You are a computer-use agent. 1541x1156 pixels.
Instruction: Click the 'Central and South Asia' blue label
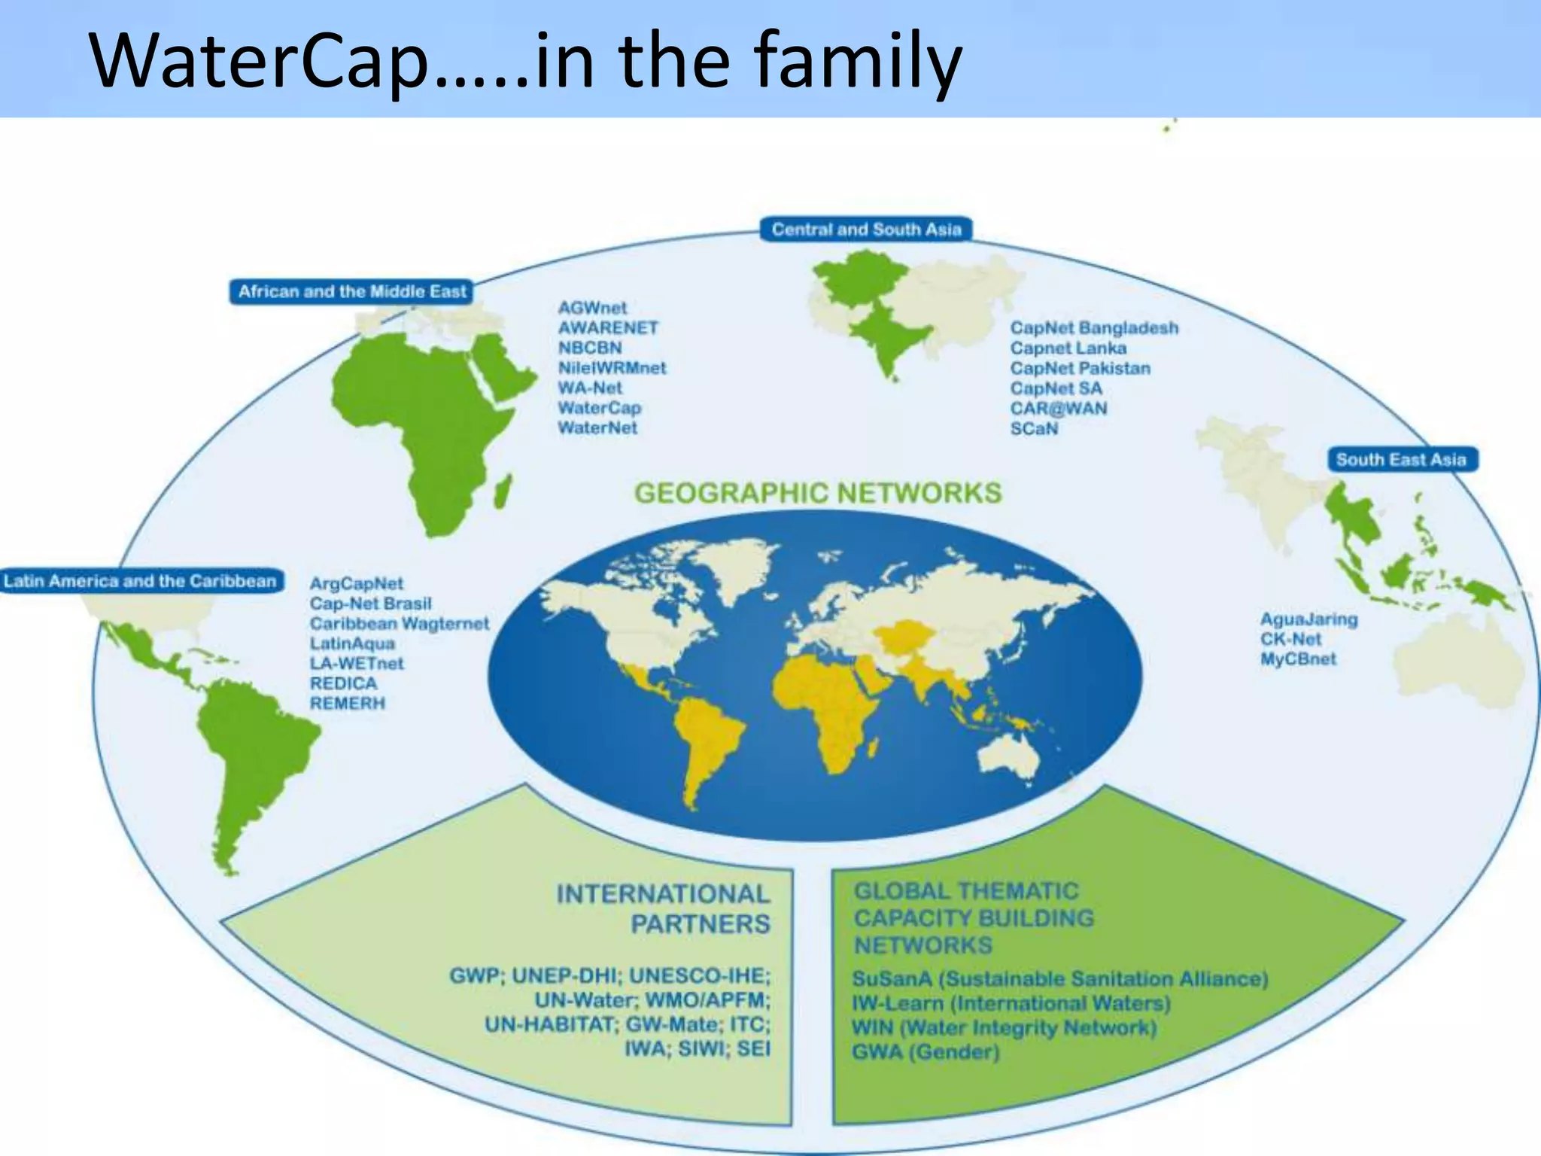coord(866,230)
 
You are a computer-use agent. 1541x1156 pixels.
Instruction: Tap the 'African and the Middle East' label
coord(352,292)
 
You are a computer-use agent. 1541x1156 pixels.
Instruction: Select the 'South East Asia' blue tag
coord(1400,460)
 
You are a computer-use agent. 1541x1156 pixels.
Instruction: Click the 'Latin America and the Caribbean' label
coord(141,581)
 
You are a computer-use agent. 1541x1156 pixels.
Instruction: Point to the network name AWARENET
coord(608,328)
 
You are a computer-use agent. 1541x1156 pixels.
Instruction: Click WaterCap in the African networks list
coord(599,408)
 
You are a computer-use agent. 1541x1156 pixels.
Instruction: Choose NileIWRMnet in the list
coord(612,368)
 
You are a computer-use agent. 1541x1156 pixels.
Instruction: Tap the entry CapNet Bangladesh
coord(1094,328)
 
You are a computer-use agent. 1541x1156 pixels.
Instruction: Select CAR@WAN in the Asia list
coord(1059,409)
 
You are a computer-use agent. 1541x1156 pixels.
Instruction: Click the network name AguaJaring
coord(1309,619)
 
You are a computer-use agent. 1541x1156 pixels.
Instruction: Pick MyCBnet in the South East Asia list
coord(1299,659)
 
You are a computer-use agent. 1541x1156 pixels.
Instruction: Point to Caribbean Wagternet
coord(400,624)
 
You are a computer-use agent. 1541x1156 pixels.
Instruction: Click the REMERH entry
coord(348,704)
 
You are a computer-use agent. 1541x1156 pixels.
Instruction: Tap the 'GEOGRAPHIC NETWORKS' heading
coord(818,493)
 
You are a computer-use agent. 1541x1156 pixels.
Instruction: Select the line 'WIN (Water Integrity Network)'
coord(1004,1028)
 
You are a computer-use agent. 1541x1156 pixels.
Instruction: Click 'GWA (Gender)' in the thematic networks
coord(926,1052)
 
